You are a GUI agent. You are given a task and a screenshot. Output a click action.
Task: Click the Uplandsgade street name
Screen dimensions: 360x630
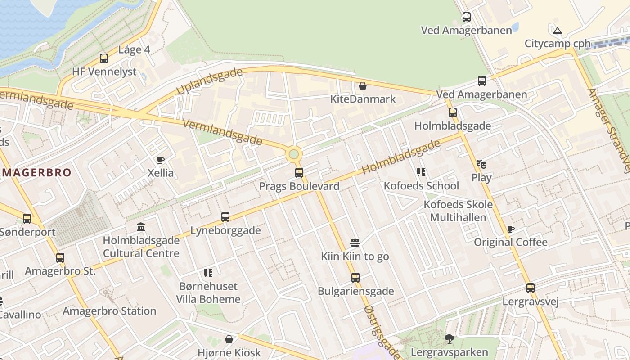coord(209,81)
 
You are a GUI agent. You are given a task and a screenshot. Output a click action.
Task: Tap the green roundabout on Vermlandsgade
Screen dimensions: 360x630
coord(294,154)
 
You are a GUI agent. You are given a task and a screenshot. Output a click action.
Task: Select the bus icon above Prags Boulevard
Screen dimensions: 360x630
coord(299,173)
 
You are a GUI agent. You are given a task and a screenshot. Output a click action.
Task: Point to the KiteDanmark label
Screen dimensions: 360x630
coord(363,99)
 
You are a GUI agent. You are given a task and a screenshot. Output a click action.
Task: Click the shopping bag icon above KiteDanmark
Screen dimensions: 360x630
coord(363,85)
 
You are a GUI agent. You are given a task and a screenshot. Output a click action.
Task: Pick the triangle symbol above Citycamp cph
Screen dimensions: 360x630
coord(558,31)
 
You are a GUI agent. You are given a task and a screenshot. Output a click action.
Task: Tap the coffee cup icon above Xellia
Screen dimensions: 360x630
coord(160,160)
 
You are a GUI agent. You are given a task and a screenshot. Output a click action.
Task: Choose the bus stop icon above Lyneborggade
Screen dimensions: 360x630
coord(225,217)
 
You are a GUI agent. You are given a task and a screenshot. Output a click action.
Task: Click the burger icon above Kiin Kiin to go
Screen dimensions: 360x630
coord(355,243)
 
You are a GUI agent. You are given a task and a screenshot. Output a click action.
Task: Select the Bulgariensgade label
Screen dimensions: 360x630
coord(355,291)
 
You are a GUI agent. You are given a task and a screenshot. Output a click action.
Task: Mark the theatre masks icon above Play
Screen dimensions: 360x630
coord(481,164)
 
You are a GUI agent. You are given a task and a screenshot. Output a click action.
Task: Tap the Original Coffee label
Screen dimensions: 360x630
coord(511,243)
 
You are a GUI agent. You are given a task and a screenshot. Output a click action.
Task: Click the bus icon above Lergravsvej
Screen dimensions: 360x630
coord(531,288)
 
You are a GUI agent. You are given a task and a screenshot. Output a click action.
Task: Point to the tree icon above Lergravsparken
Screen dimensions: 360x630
coord(449,339)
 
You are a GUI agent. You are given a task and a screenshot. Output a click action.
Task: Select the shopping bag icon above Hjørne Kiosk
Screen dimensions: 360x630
coord(229,339)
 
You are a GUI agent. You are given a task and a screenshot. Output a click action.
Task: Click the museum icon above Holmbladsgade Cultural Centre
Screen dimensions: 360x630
coord(141,227)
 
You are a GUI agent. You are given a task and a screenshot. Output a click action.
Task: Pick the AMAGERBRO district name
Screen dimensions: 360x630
coord(36,173)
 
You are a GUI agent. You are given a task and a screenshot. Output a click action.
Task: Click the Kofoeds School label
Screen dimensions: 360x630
coord(421,186)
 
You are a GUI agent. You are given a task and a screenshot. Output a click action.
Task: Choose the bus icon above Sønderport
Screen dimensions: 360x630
coord(27,219)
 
